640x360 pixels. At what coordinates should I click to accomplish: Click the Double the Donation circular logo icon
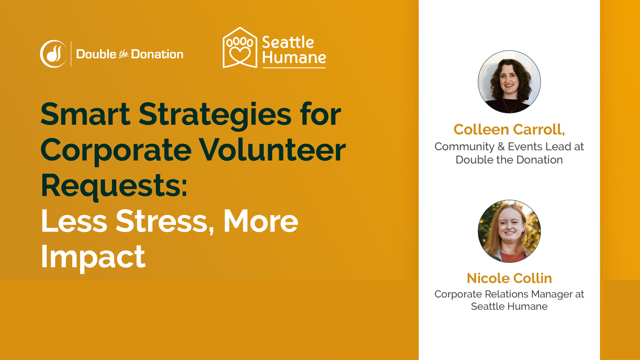click(53, 54)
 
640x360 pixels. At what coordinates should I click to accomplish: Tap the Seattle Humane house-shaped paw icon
click(240, 47)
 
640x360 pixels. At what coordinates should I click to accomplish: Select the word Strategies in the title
click(215, 116)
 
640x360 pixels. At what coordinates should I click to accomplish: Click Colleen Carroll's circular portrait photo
click(509, 82)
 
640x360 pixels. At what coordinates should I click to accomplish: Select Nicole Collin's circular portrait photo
click(509, 231)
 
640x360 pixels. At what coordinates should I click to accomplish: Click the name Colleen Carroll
click(509, 130)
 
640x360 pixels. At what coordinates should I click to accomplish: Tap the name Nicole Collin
click(509, 278)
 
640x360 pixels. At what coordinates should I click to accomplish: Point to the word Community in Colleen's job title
click(464, 147)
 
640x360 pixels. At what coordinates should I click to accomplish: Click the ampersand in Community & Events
click(501, 147)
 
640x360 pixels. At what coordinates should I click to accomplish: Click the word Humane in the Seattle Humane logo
click(294, 58)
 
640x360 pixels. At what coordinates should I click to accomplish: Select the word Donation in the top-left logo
click(157, 54)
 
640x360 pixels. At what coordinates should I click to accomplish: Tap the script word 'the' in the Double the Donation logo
click(124, 54)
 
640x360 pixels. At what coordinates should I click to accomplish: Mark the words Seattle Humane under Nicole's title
click(509, 307)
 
